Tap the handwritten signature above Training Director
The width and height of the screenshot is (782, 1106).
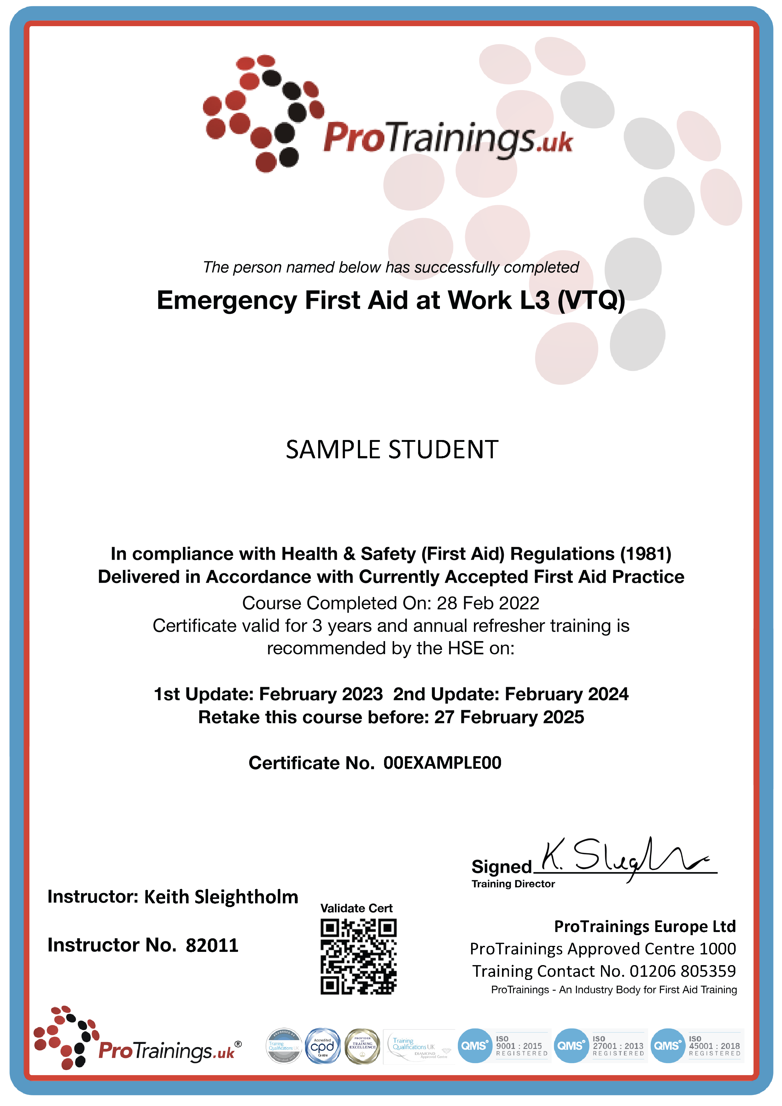[626, 860]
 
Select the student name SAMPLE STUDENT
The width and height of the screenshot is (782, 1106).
[392, 450]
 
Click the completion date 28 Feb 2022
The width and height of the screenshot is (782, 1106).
[488, 603]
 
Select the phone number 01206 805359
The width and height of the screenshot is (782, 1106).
[683, 971]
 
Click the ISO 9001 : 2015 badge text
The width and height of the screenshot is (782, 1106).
[519, 1046]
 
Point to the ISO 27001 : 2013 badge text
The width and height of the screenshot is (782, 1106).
[618, 1046]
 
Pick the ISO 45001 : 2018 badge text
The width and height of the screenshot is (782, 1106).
[715, 1046]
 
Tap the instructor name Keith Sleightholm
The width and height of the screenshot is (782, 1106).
[221, 897]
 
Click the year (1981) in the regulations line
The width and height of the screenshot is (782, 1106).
[646, 554]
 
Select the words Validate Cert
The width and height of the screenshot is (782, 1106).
[357, 908]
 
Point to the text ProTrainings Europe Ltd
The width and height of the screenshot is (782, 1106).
[645, 926]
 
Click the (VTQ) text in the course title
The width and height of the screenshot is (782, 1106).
[591, 301]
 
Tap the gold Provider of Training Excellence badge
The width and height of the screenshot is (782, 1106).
[362, 1046]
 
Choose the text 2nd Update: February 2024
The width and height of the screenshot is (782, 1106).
[511, 694]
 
